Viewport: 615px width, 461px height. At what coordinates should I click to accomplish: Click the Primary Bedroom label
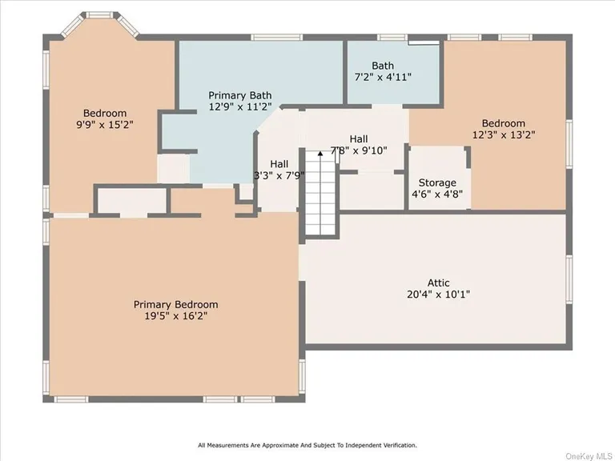coord(175,304)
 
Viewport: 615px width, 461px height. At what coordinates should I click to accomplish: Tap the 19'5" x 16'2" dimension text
coord(175,316)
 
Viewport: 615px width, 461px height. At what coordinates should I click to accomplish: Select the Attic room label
coord(438,282)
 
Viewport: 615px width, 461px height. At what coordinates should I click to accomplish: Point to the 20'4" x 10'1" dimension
coord(438,294)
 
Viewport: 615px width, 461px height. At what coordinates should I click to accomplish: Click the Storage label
coord(437,182)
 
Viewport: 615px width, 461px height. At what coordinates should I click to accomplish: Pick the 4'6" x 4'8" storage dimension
coord(437,194)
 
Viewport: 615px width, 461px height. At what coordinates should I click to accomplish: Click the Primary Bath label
coord(240,94)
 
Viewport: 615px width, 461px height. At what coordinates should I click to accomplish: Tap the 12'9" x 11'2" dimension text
coord(240,106)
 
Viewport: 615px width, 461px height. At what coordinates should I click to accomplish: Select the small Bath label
coord(383,66)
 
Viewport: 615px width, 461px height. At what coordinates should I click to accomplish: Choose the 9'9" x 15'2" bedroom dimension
coord(105,125)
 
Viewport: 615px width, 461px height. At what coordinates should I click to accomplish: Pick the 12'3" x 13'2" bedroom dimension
coord(504,134)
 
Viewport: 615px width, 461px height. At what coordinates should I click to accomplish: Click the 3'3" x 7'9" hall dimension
coord(279,175)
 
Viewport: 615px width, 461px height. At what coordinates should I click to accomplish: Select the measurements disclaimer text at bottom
coord(307,445)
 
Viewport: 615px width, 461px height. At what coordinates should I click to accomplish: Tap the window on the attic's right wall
coord(569,280)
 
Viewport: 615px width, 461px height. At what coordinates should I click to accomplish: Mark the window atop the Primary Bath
coord(276,37)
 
